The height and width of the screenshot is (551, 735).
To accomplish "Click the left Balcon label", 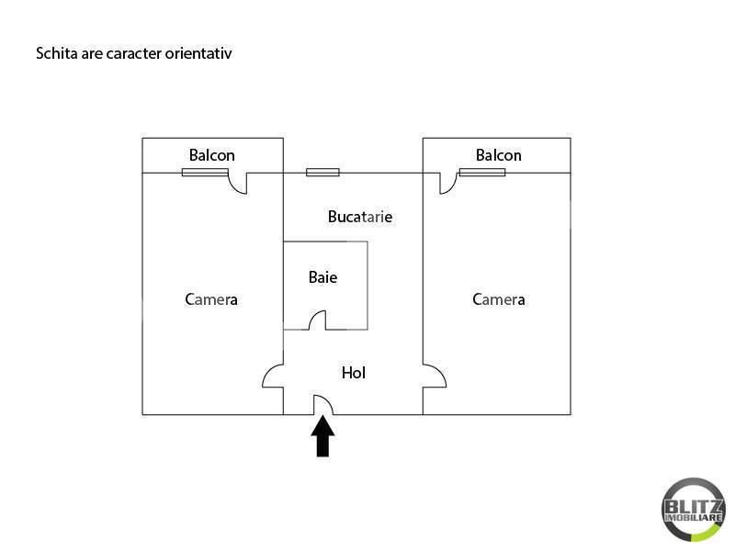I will pyautogui.click(x=212, y=155).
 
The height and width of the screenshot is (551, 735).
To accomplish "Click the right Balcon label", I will pyautogui.click(x=498, y=155).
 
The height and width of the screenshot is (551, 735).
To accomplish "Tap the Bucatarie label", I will pyautogui.click(x=360, y=217).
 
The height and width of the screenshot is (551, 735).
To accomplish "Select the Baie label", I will pyautogui.click(x=322, y=276).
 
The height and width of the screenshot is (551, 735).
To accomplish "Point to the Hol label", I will pyautogui.click(x=354, y=373).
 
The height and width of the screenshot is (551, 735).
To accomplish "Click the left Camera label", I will pyautogui.click(x=211, y=299).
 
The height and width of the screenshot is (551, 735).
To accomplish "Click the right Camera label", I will pyautogui.click(x=499, y=299).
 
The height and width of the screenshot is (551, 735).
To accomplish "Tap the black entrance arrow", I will pyautogui.click(x=322, y=436).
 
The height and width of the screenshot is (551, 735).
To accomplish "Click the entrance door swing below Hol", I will pyautogui.click(x=322, y=405).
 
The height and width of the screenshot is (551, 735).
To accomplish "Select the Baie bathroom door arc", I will pyautogui.click(x=317, y=320).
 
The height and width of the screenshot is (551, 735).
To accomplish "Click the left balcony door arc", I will pyautogui.click(x=238, y=184).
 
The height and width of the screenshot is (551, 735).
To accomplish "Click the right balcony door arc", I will pyautogui.click(x=448, y=184).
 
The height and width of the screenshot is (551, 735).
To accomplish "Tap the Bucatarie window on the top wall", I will pyautogui.click(x=322, y=172).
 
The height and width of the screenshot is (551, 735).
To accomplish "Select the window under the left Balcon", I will pyautogui.click(x=205, y=172).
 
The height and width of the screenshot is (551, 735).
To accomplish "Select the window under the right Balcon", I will pyautogui.click(x=482, y=172).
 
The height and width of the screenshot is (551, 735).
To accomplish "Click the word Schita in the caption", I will pyautogui.click(x=55, y=53).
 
